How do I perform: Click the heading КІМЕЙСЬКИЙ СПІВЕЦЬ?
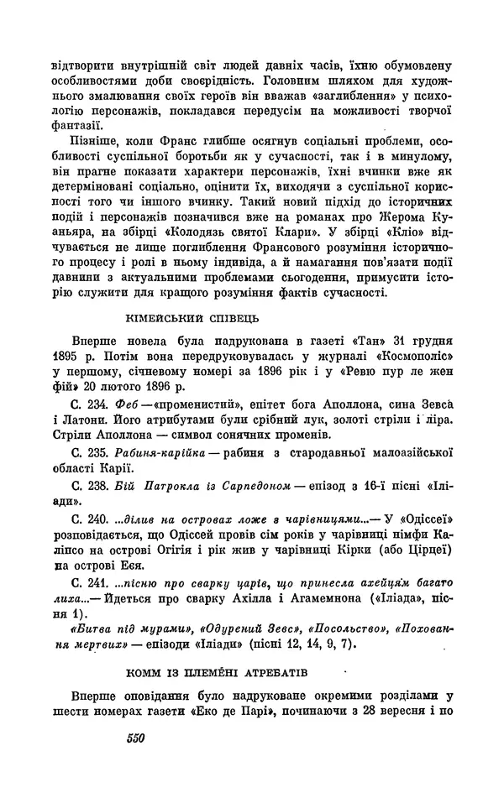(187, 319)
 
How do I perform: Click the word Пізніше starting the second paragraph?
(90, 145)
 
